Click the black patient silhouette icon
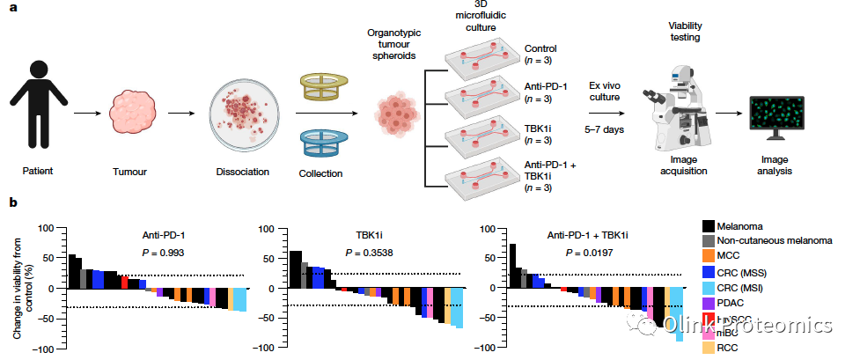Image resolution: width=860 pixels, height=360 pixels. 38,105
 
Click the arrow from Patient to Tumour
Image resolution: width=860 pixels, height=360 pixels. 85,114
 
